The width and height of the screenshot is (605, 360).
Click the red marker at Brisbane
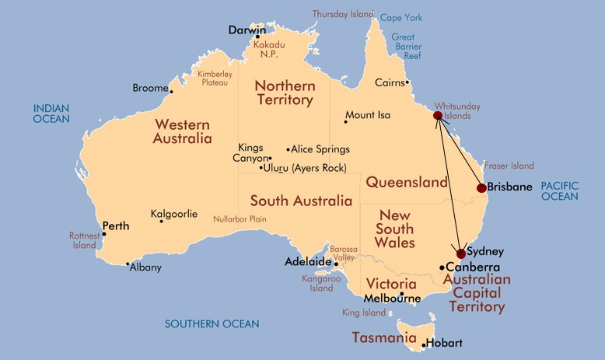[x=481, y=188]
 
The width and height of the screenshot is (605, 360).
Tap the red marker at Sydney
[x=461, y=253]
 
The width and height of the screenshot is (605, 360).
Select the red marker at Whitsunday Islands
[x=438, y=116]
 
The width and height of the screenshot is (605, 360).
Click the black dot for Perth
[x=103, y=233]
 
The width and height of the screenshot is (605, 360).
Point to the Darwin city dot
[x=257, y=37]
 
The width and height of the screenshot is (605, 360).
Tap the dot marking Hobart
[x=423, y=344]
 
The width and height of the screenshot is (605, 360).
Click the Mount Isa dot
[x=345, y=121]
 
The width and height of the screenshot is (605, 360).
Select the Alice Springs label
[x=321, y=149]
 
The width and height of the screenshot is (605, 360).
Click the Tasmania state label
[x=384, y=337]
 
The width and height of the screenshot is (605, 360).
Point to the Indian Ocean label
[x=51, y=113]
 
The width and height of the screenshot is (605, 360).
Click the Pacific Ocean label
[x=560, y=191]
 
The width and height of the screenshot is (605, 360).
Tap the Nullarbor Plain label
[x=240, y=219]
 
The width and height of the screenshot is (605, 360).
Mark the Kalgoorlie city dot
[x=161, y=222]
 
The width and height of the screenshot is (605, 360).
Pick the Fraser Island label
[x=509, y=166]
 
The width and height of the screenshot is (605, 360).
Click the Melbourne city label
[x=393, y=299]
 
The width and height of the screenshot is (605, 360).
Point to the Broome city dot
[x=171, y=92]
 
